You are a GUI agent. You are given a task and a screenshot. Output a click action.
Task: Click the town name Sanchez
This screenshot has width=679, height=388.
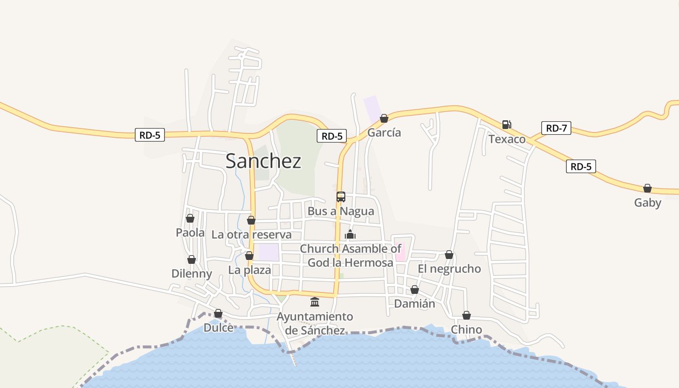(263, 161)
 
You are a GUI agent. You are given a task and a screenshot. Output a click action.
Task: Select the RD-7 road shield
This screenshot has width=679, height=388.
(556, 128)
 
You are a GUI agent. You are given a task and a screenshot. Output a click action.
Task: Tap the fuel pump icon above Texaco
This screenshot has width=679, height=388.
(506, 125)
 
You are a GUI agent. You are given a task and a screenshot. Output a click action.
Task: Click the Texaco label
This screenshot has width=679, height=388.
(507, 139)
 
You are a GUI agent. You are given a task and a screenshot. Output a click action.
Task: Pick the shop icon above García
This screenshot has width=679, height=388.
(384, 118)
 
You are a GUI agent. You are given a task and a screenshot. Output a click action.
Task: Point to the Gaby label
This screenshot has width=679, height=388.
(647, 203)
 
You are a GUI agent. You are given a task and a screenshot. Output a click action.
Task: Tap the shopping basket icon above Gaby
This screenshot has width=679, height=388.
(647, 188)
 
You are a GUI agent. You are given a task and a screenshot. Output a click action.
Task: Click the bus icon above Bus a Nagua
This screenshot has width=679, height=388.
(341, 197)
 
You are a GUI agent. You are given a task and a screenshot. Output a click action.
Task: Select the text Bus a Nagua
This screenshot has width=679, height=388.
(341, 211)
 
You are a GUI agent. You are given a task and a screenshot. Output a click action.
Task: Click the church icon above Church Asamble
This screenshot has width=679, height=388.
(350, 235)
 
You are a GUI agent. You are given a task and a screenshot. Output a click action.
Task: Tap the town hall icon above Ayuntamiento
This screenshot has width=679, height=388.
(315, 302)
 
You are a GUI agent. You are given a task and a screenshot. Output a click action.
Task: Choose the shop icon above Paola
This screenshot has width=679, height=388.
(190, 219)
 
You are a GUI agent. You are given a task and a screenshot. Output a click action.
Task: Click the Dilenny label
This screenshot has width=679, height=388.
(192, 274)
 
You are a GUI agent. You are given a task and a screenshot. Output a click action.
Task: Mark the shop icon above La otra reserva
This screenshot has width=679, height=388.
(251, 221)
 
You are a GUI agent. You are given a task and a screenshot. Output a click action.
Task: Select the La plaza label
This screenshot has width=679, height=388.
(250, 270)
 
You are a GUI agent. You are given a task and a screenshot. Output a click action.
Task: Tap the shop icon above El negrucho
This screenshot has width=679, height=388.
(449, 255)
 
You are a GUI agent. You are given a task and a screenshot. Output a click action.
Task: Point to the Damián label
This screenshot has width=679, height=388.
(415, 304)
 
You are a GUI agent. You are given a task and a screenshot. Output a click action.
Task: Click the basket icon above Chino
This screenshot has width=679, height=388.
(467, 316)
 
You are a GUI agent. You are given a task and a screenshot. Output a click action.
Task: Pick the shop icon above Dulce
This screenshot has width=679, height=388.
(218, 314)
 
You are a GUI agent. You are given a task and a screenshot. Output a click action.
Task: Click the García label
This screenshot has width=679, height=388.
(385, 132)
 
